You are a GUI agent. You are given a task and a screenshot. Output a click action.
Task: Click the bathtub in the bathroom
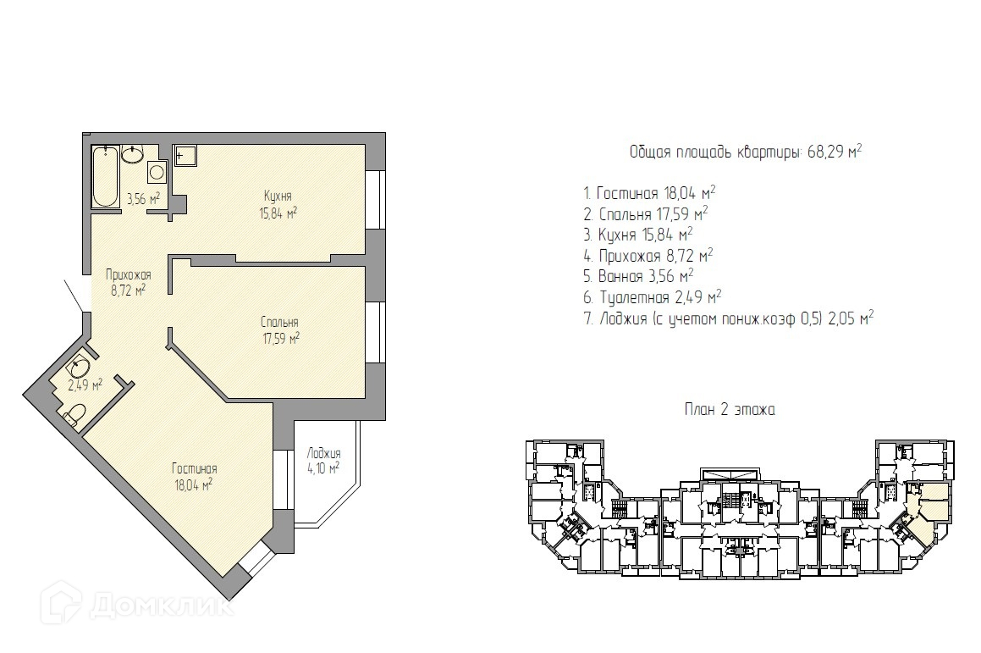click(106, 176)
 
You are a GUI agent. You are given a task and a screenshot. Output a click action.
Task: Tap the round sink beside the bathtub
click(133, 153)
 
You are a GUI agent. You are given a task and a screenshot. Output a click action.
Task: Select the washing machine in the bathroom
click(157, 172)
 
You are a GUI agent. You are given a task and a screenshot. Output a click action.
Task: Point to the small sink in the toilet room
click(80, 366)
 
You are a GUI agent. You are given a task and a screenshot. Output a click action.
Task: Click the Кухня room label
click(278, 196)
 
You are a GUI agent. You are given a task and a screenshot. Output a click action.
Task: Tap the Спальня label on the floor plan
click(279, 322)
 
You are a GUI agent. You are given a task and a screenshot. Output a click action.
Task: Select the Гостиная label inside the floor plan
click(195, 469)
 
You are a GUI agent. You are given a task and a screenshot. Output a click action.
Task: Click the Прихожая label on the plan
click(129, 275)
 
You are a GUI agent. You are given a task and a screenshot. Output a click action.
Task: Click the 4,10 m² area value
click(323, 468)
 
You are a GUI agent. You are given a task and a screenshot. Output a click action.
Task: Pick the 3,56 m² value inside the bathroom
click(144, 199)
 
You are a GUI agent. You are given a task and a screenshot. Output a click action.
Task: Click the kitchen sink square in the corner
click(185, 156)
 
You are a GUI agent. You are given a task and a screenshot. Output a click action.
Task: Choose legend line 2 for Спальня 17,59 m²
click(646, 214)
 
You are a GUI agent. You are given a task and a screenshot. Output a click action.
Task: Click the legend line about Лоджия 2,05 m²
click(729, 318)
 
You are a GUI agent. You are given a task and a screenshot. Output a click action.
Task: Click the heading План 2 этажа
click(730, 410)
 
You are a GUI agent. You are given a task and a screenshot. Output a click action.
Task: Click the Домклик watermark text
click(161, 606)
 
